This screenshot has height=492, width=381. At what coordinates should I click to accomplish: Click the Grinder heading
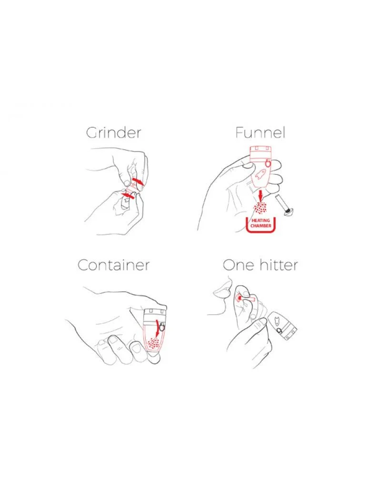(114, 133)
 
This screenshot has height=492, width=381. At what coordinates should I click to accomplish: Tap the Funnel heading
(260, 132)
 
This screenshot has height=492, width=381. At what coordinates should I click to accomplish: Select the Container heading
(113, 265)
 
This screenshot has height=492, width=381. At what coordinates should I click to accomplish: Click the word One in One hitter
(238, 265)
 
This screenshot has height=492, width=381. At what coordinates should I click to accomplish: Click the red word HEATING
(261, 221)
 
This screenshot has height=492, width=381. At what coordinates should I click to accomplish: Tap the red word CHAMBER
(261, 226)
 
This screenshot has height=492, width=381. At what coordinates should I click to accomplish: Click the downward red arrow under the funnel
(260, 195)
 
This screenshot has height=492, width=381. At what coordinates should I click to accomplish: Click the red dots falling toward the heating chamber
(261, 208)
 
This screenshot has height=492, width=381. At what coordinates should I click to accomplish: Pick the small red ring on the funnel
(267, 163)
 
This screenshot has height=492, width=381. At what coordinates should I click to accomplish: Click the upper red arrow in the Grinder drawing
(138, 181)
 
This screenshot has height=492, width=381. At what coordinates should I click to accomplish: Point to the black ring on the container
(161, 327)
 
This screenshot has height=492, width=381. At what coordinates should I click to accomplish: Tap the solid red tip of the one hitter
(240, 297)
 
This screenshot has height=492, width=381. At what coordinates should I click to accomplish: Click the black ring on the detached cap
(279, 331)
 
